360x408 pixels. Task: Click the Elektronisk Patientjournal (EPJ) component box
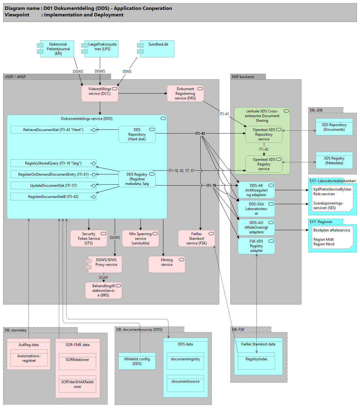tap(58, 49)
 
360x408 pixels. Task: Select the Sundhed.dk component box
tap(158, 49)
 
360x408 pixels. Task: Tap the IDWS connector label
tap(127, 72)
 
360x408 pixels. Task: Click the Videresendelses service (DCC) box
tap(100, 93)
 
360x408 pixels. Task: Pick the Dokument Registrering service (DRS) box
tap(185, 93)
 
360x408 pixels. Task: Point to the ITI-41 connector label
tap(224, 114)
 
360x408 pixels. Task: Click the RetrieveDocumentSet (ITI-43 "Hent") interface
tap(53, 130)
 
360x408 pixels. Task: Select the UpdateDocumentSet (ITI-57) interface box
tap(53, 186)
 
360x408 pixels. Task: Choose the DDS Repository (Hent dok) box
tap(137, 134)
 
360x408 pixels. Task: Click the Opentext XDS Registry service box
tap(264, 164)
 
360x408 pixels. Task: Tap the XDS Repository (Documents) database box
tap(334, 127)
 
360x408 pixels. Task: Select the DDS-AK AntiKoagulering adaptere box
tap(256, 190)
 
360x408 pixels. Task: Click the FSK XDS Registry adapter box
tap(256, 246)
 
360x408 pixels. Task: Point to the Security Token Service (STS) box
tap(89, 239)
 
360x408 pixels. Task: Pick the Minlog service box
tap(167, 264)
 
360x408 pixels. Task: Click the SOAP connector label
tap(103, 278)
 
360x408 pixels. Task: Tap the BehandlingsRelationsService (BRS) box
tap(104, 291)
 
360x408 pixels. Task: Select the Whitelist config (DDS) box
tap(137, 361)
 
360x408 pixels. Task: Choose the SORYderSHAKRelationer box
tap(78, 384)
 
